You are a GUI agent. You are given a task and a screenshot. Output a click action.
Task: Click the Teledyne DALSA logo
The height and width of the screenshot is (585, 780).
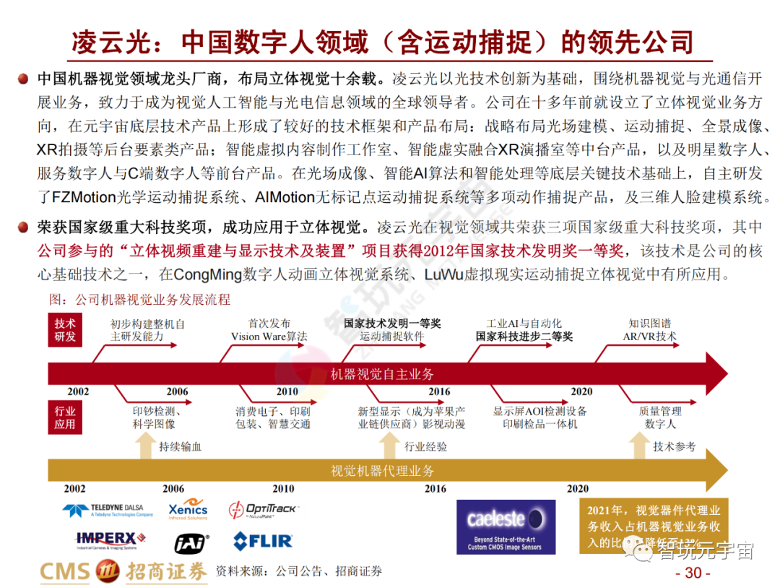tap(108, 511)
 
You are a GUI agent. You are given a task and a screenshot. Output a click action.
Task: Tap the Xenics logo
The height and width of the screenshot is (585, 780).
tap(188, 510)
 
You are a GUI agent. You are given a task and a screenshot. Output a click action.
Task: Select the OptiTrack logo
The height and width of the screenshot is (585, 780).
tap(262, 510)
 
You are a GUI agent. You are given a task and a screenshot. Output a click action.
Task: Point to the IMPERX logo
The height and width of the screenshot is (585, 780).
tap(110, 540)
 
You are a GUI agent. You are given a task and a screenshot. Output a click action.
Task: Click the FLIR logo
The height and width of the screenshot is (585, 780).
tap(262, 541)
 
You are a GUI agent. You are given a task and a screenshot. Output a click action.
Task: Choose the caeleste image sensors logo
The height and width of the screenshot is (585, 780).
tap(506, 526)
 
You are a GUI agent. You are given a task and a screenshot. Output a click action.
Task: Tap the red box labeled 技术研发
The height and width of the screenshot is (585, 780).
tap(65, 330)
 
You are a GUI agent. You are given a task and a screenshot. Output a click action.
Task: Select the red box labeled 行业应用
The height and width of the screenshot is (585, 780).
tap(65, 417)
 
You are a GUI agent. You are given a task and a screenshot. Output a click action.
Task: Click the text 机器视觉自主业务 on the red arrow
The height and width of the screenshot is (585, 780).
tap(382, 374)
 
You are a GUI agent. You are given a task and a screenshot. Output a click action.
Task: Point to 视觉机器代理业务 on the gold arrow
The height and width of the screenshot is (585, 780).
tap(382, 471)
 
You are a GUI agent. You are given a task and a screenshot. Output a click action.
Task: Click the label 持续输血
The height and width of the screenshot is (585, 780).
tap(180, 447)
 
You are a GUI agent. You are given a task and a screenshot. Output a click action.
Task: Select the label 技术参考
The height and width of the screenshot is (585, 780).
tap(674, 447)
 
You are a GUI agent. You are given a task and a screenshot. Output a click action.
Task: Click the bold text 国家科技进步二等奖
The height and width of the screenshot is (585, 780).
tap(524, 337)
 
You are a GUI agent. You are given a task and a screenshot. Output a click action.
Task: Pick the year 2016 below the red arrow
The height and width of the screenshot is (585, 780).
tap(438, 391)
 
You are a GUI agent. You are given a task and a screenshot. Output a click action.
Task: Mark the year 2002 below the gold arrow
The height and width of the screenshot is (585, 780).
tap(74, 489)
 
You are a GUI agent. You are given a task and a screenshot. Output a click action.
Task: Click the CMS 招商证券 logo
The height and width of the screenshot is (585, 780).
tap(123, 571)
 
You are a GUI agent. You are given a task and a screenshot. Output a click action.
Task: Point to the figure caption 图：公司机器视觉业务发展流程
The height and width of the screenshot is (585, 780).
tap(139, 299)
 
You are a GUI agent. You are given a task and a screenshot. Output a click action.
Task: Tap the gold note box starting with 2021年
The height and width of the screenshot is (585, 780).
tap(654, 526)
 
